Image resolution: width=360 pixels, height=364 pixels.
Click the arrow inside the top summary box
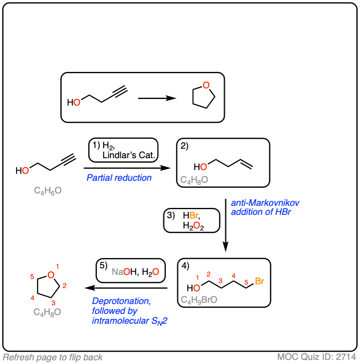click(x=157, y=99)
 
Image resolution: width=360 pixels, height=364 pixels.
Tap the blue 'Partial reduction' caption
click(x=119, y=178)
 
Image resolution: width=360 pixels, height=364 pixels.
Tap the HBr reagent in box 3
click(x=192, y=216)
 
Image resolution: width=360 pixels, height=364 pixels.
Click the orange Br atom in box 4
click(x=259, y=281)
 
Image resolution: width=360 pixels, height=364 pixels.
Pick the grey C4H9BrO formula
click(x=199, y=300)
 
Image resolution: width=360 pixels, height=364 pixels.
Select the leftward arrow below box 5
click(x=128, y=288)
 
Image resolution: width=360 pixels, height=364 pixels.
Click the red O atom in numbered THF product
click(x=51, y=275)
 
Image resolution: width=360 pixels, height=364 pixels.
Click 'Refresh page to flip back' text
click(x=53, y=357)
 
